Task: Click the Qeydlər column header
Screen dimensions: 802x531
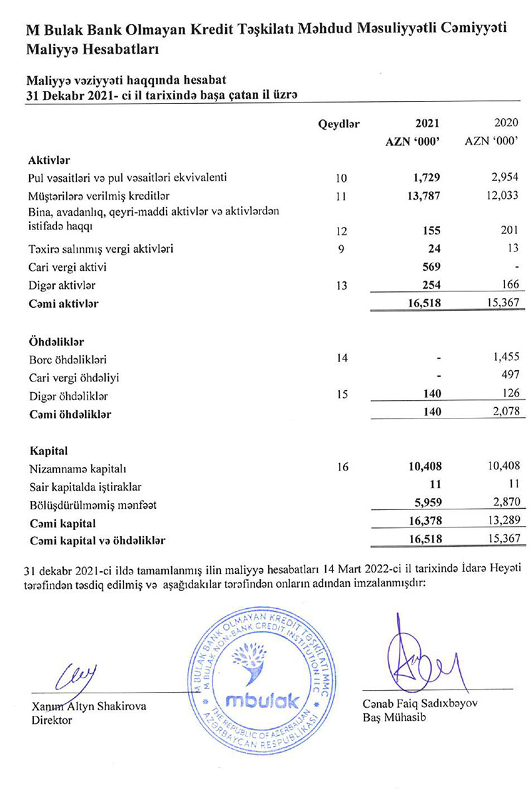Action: [x=339, y=123]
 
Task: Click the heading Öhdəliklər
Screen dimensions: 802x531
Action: [x=56, y=342]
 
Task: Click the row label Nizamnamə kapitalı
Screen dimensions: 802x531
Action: [x=74, y=469]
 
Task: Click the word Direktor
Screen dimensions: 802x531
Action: [x=52, y=720]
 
